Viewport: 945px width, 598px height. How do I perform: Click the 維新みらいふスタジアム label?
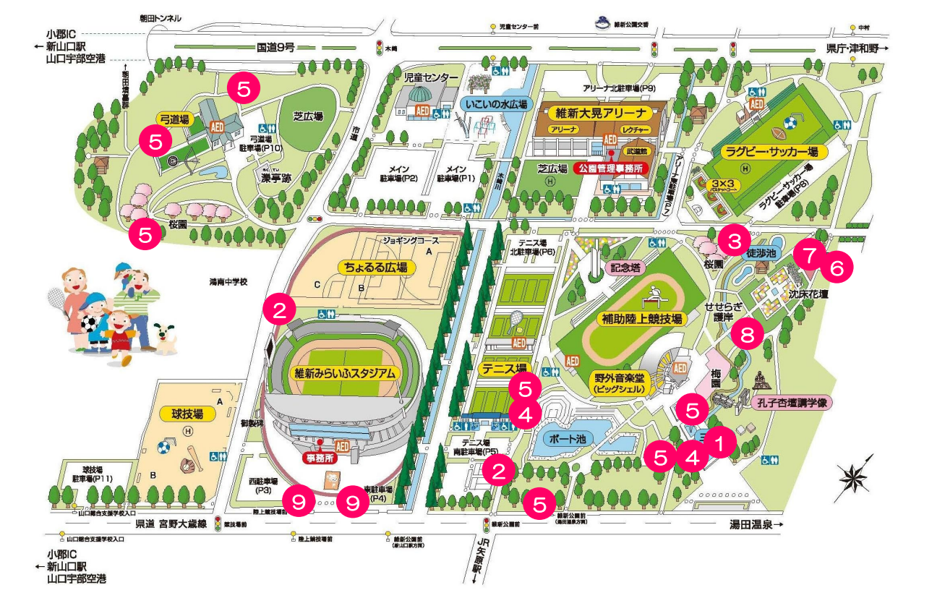point(345,374)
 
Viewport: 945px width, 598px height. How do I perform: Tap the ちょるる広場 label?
point(375,267)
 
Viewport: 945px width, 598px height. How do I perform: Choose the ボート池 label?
point(570,438)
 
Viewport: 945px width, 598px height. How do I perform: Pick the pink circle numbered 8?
point(747,333)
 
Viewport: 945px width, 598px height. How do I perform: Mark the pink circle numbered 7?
point(809,255)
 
